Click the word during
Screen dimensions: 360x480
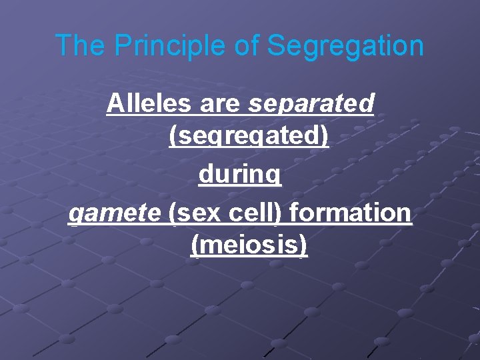(x=240, y=175)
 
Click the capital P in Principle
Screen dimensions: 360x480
(x=123, y=45)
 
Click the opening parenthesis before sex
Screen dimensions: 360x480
(x=173, y=213)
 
